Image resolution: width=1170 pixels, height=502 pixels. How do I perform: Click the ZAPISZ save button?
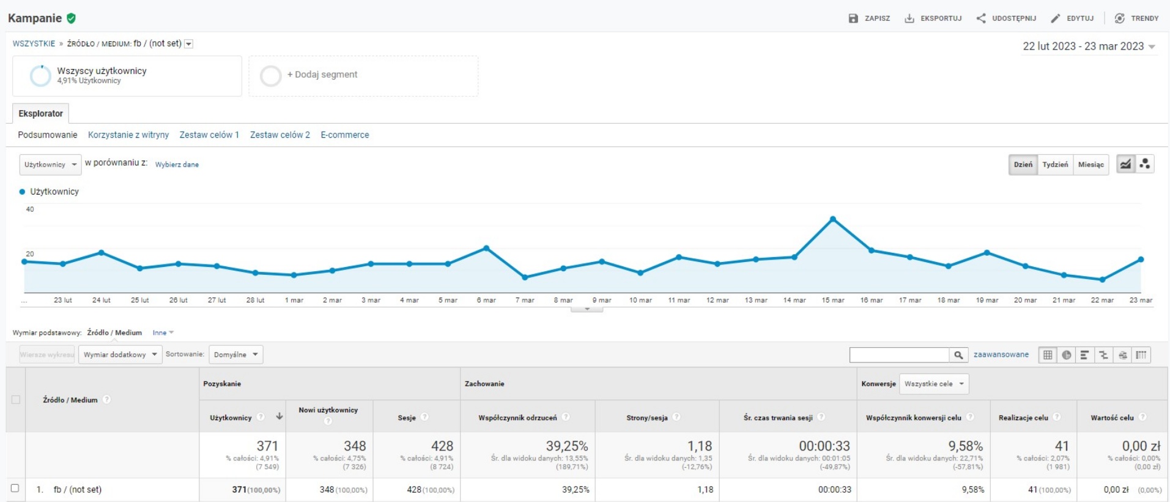(869, 18)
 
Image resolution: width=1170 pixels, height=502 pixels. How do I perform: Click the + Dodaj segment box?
(363, 75)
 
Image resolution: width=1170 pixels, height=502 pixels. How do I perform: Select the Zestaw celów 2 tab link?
(280, 135)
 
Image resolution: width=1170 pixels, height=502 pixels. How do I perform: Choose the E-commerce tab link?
(345, 135)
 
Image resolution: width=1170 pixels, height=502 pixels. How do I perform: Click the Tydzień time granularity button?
(1055, 165)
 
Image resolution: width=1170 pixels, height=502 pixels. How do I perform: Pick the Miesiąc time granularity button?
(1090, 165)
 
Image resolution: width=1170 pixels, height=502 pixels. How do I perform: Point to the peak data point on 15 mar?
(833, 219)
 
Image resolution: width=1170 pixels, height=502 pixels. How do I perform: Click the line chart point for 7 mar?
(525, 277)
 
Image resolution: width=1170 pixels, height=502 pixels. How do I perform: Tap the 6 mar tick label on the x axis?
(486, 301)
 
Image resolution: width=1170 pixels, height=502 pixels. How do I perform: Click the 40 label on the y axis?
(30, 209)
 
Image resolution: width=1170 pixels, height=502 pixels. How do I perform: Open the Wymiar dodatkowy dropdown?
(120, 354)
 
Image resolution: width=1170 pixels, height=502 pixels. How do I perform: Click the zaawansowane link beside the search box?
(1001, 354)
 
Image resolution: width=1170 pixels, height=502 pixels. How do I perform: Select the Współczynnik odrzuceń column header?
(517, 418)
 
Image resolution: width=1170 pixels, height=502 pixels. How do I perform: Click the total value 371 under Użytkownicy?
(267, 446)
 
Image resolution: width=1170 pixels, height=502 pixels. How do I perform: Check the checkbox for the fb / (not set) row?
(15, 489)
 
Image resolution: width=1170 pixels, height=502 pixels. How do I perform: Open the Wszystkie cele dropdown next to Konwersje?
(933, 384)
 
